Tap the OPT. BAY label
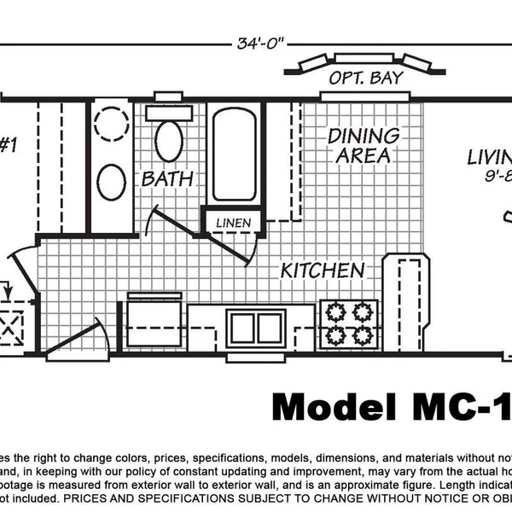366,79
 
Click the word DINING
364,136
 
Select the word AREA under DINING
364,156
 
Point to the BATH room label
167,179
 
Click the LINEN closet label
233,224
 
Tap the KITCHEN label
323,271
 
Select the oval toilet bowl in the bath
168,141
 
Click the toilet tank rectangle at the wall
168,112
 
